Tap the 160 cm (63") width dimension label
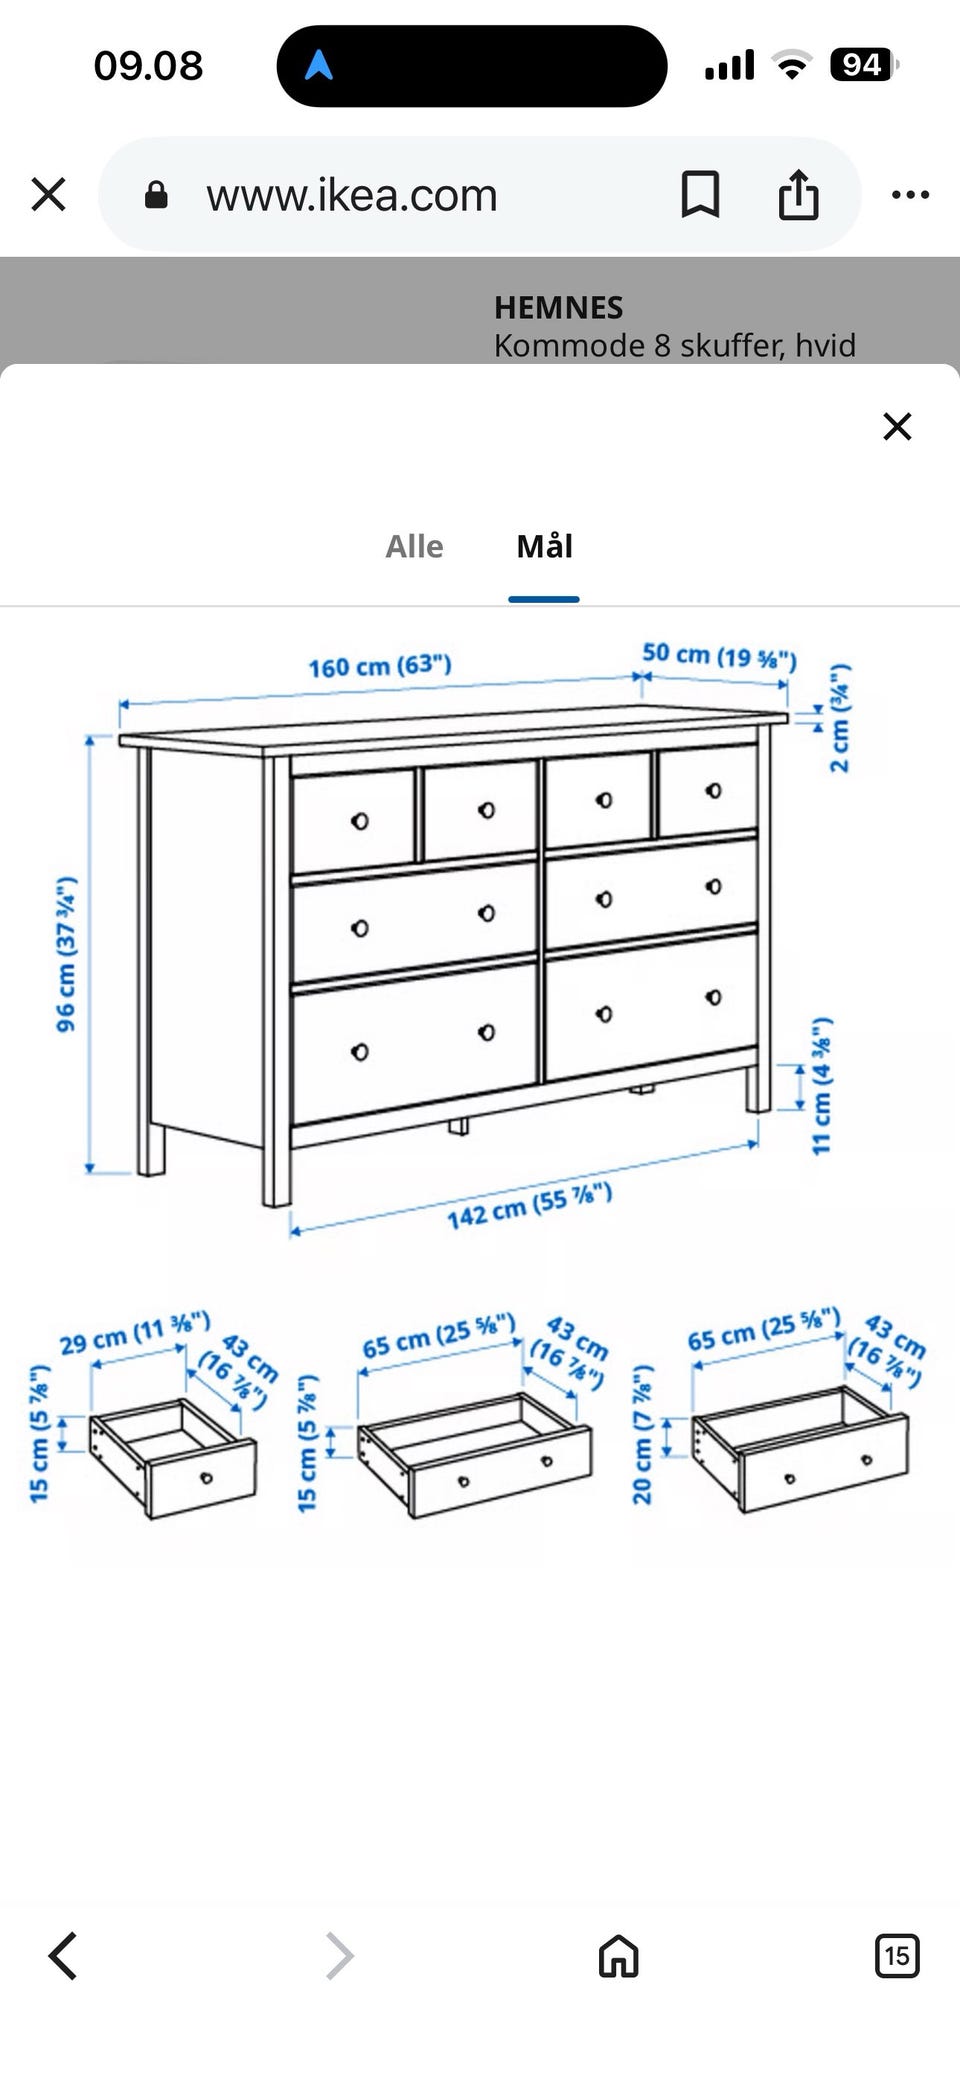tap(380, 666)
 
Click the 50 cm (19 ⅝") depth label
tap(719, 656)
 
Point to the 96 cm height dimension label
tap(65, 954)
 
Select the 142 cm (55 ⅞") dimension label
tap(529, 1205)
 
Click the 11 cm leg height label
tap(821, 1086)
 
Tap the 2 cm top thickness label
tap(840, 717)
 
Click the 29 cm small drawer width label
tap(135, 1333)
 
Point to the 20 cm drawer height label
tap(642, 1434)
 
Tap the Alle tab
tap(414, 546)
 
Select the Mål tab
tap(544, 546)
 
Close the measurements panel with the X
tap(897, 426)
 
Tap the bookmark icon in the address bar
tap(700, 194)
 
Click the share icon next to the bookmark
tap(798, 193)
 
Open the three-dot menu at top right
tap(910, 194)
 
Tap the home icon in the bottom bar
tap(618, 1955)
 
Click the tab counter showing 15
tap(897, 1955)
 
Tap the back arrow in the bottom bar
tap(63, 1955)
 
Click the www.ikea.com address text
tap(352, 195)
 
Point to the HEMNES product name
tap(558, 307)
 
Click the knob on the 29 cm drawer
tap(207, 1478)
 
